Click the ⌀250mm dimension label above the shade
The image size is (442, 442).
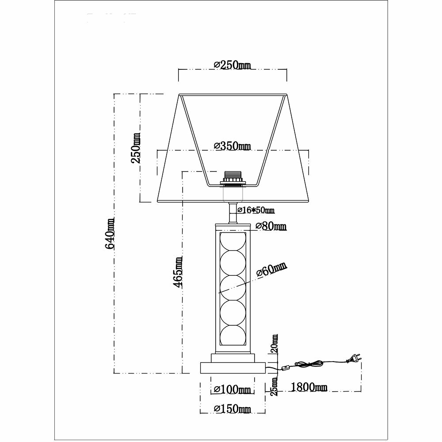tap(232, 65)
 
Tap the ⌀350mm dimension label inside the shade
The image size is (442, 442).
tap(232, 146)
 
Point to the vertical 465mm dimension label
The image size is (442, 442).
tap(178, 272)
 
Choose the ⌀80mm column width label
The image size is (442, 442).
tap(271, 226)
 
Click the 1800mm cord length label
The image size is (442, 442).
tap(309, 387)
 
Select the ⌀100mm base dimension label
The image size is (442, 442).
tap(232, 389)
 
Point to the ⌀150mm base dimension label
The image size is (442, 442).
tap(232, 409)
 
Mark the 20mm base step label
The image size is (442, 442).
tap(274, 343)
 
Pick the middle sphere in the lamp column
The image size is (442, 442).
tap(233, 288)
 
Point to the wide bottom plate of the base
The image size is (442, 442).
tap(233, 368)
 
